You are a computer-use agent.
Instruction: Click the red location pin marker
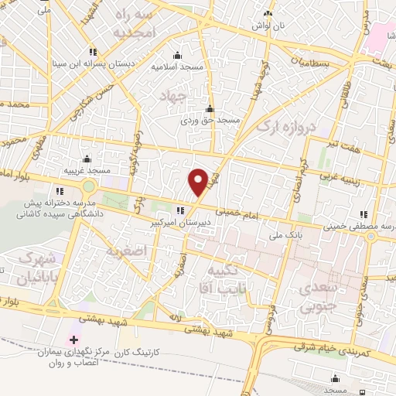point(199,181)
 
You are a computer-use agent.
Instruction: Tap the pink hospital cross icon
point(73,340)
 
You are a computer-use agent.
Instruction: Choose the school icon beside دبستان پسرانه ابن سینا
point(93,52)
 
